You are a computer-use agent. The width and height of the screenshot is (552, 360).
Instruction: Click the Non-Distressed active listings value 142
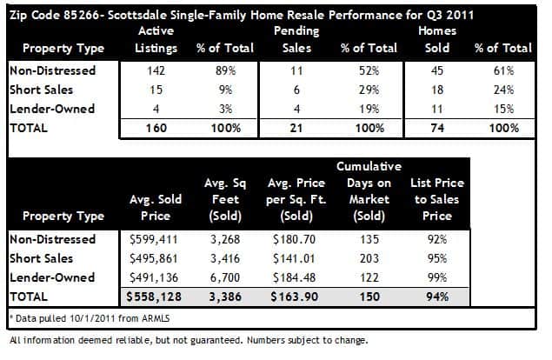156,70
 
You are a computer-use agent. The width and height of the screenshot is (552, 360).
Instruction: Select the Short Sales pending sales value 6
296,90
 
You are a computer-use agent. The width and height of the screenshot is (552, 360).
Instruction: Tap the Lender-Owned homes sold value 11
437,109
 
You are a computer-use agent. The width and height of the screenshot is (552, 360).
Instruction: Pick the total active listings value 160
156,128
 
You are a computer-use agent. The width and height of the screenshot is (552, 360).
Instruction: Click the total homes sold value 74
437,128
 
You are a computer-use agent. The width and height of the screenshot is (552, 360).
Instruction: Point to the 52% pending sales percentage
369,70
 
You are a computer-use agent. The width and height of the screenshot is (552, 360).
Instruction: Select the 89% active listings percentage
226,70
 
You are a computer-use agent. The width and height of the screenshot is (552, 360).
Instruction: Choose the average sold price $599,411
154,239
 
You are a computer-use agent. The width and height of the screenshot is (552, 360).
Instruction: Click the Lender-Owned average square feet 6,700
225,277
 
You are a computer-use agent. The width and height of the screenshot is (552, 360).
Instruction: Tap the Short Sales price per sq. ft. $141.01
294,258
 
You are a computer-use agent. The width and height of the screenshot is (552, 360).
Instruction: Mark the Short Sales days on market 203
369,258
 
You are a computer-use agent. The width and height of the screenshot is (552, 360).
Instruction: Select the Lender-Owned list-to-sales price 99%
437,277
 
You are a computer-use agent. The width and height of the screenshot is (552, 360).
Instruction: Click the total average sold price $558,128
154,297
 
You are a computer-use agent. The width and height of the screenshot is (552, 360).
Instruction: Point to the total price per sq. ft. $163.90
295,297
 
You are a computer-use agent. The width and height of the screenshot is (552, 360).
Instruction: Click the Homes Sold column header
437,39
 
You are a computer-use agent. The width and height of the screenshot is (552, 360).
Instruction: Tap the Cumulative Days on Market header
369,191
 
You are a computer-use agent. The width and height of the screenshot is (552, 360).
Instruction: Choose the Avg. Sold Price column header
156,208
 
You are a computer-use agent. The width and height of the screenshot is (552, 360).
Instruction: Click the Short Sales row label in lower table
42,258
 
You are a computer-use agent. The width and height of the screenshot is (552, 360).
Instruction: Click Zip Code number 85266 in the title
82,15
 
